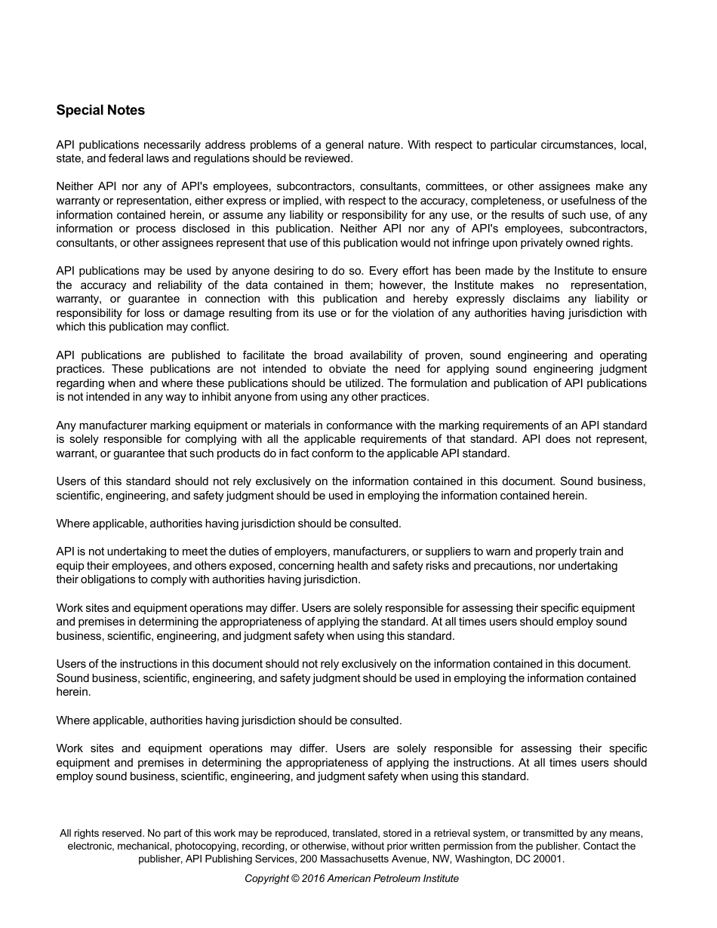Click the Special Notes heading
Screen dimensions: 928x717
[x=100, y=110]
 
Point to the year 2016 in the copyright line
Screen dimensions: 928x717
[x=312, y=878]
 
